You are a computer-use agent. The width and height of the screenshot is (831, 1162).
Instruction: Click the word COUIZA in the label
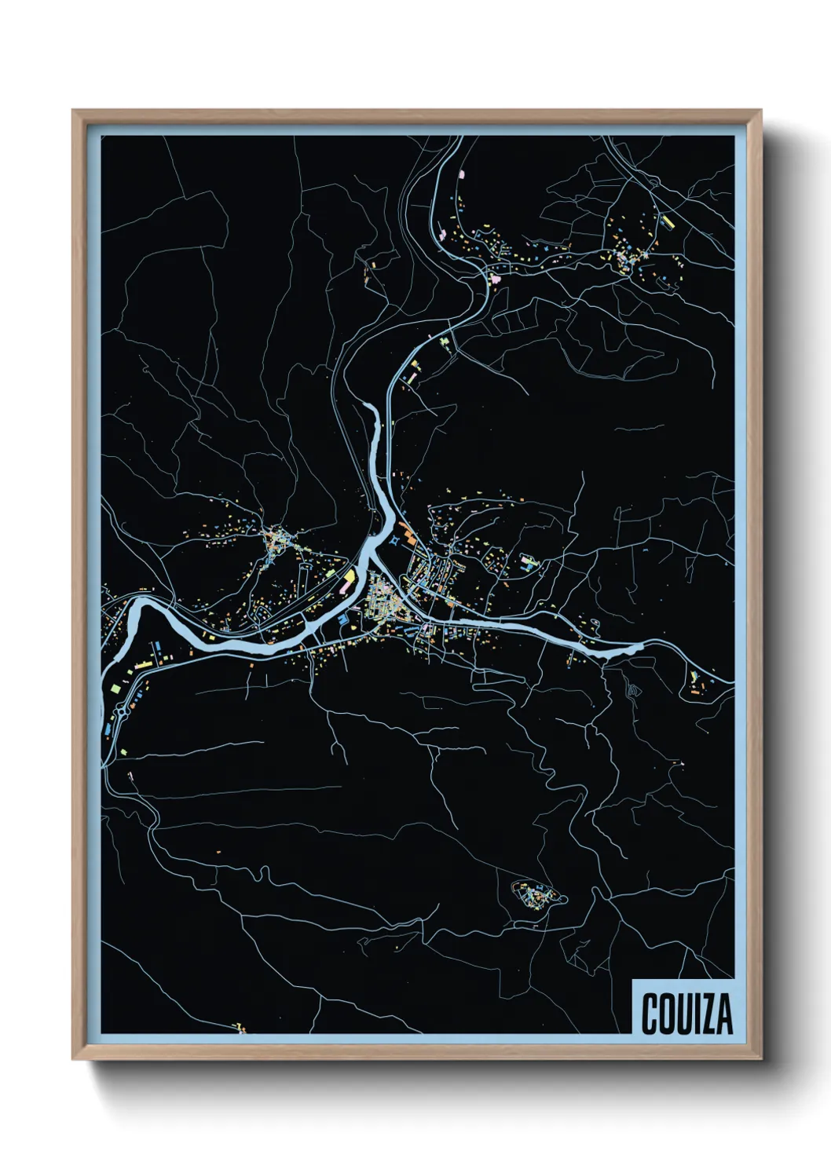pyautogui.click(x=686, y=1013)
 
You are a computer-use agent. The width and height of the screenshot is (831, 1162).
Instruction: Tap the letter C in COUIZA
pyautogui.click(x=651, y=1013)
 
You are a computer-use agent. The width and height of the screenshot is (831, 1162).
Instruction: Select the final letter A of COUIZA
pyautogui.click(x=723, y=1013)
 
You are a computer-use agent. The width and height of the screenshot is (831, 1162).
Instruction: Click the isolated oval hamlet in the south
pyautogui.click(x=536, y=894)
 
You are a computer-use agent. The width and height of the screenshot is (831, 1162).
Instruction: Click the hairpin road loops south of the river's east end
pyautogui.click(x=633, y=691)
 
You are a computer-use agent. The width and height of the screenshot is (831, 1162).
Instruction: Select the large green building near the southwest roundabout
pyautogui.click(x=115, y=688)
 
